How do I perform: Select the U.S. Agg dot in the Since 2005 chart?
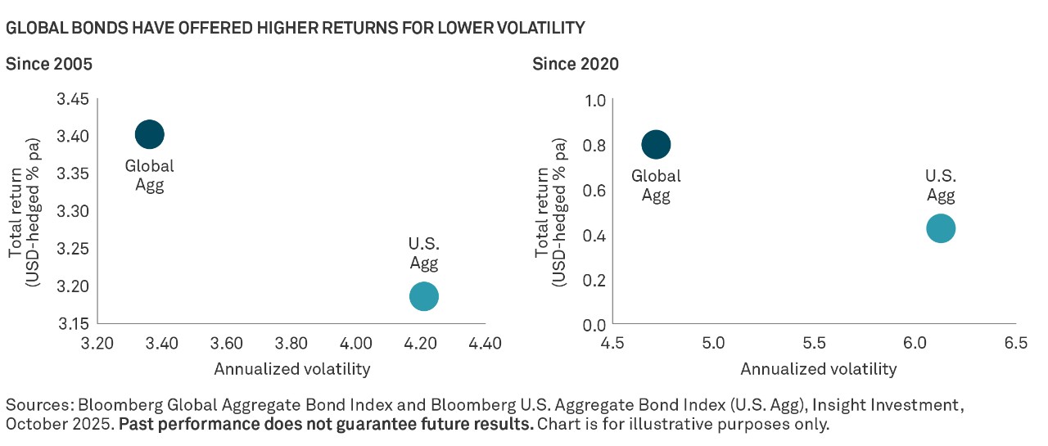[x=423, y=296]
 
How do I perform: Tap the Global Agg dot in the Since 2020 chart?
[x=656, y=145]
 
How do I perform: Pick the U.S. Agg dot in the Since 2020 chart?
[x=941, y=228]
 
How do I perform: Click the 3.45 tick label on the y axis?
[x=73, y=100]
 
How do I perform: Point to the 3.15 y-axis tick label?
[x=73, y=324]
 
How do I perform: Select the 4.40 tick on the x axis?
[x=485, y=343]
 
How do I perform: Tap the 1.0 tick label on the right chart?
[x=594, y=101]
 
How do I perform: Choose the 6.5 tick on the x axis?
[x=1015, y=343]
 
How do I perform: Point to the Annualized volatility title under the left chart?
[x=292, y=369]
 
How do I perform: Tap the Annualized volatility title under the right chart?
[x=819, y=369]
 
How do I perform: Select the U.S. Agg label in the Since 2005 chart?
[x=423, y=254]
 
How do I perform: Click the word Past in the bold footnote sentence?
[x=136, y=426]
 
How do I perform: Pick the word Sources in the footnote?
[x=32, y=405]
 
